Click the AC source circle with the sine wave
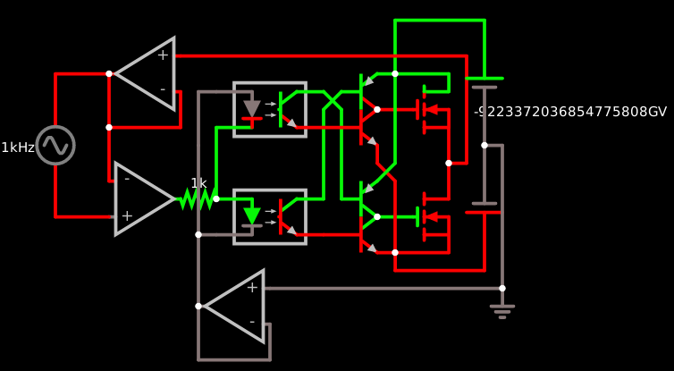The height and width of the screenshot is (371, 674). click(55, 145)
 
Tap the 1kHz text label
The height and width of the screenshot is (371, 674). click(18, 148)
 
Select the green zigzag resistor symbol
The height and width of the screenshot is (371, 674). click(196, 198)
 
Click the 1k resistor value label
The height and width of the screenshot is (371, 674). click(198, 183)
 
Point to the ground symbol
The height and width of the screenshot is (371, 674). click(502, 310)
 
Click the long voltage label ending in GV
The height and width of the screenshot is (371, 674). click(570, 112)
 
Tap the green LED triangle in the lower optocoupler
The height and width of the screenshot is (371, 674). click(252, 215)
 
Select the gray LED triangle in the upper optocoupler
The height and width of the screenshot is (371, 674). click(252, 108)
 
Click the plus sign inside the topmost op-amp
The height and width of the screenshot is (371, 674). click(163, 55)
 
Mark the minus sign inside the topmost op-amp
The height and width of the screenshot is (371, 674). click(162, 89)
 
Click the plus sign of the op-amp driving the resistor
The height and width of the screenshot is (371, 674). click(127, 215)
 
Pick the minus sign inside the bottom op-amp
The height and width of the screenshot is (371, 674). click(251, 321)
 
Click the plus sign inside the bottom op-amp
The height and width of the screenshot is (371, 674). click(252, 287)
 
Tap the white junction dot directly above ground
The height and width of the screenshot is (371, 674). click(502, 288)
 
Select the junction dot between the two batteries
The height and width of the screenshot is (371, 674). click(484, 145)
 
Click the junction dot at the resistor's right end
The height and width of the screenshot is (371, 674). click(216, 198)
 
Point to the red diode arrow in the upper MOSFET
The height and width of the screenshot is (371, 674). click(431, 109)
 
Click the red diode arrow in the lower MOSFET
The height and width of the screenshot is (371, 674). click(431, 216)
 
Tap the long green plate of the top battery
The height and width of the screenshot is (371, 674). click(484, 79)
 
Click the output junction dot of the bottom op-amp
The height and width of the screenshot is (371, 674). click(198, 306)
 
